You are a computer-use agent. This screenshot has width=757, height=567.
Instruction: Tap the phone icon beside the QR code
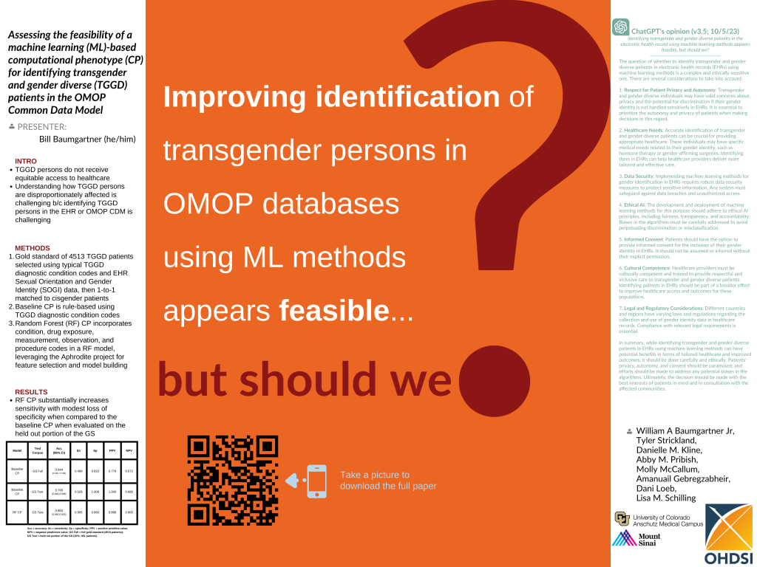(316, 480)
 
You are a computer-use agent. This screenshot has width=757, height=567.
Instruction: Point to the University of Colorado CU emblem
(622, 518)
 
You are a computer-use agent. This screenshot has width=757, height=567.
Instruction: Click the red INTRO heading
(26, 161)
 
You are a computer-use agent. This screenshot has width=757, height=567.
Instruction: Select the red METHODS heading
(33, 248)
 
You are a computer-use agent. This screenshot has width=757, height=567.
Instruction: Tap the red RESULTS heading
(31, 392)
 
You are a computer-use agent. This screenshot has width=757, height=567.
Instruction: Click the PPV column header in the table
(112, 450)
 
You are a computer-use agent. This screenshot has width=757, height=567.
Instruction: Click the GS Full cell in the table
(38, 470)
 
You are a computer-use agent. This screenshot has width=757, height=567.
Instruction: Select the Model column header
(17, 450)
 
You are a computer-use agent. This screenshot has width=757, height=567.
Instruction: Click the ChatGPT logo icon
(620, 27)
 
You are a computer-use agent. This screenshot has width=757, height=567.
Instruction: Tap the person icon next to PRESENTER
(12, 126)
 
